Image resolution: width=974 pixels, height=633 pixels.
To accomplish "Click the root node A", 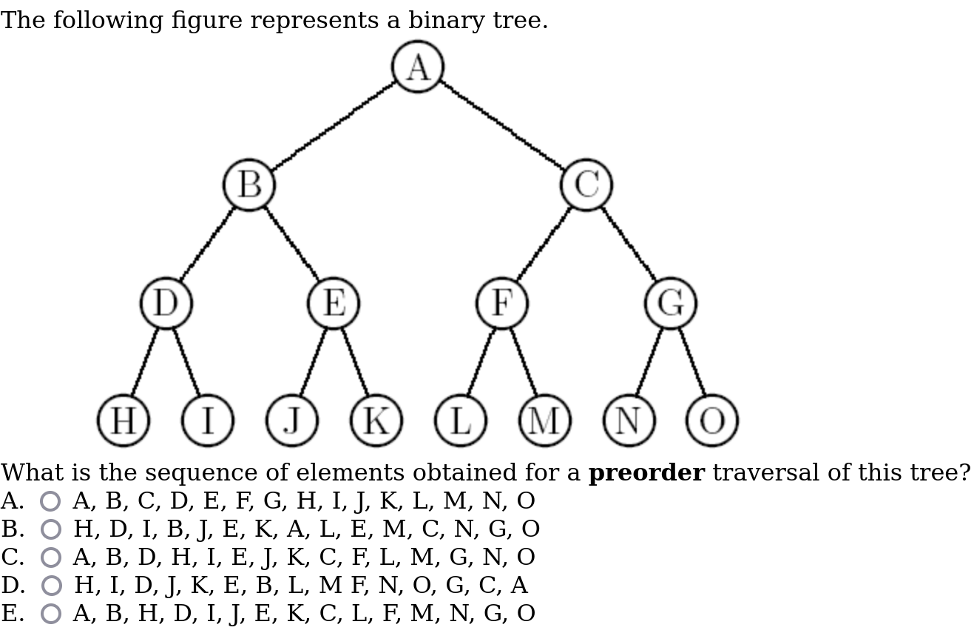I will pyautogui.click(x=418, y=67).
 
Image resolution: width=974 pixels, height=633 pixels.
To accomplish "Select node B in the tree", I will pyautogui.click(x=249, y=184).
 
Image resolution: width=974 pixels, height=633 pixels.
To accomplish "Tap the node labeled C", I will pyautogui.click(x=586, y=184).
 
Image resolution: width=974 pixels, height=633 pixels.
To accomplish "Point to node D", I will pyautogui.click(x=166, y=303).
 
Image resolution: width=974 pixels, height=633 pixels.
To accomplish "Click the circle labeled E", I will pyautogui.click(x=334, y=303).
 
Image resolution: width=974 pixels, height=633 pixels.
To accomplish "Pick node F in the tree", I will pyautogui.click(x=502, y=303).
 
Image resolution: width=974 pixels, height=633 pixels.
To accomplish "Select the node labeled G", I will pyautogui.click(x=670, y=303).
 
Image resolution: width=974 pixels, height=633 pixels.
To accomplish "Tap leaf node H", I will pyautogui.click(x=124, y=421).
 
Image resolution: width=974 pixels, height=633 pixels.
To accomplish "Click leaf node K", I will pyautogui.click(x=376, y=421).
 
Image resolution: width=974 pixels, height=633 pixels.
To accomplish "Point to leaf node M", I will pyautogui.click(x=545, y=421).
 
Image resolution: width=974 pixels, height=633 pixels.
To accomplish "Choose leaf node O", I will pyautogui.click(x=712, y=421).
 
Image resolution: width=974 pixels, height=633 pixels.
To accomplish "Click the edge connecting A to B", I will pyautogui.click(x=334, y=126).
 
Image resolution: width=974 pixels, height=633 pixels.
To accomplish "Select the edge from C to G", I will pyautogui.click(x=629, y=244).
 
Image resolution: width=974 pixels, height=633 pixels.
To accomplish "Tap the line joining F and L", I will pyautogui.click(x=481, y=362).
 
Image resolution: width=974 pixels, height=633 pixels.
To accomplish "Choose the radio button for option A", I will pyautogui.click(x=50, y=501).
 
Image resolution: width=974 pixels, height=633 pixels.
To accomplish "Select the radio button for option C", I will pyautogui.click(x=50, y=557).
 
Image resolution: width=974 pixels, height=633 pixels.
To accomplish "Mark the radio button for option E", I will pyautogui.click(x=50, y=614).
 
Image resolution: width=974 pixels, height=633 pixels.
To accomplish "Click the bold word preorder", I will pyautogui.click(x=646, y=473).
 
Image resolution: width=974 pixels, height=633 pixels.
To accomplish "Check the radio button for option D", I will pyautogui.click(x=51, y=586).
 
